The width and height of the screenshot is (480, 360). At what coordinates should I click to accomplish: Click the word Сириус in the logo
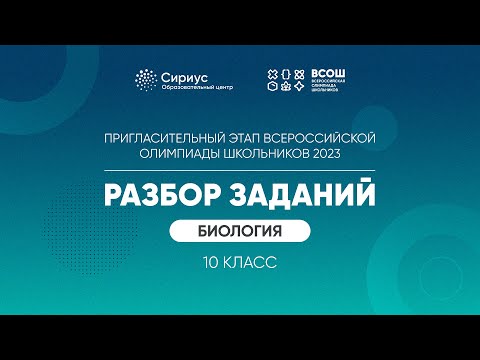(183, 75)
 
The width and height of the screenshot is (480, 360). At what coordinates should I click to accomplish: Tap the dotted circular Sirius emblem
(147, 81)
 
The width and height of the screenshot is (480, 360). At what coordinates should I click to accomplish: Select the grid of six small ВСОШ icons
(283, 81)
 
